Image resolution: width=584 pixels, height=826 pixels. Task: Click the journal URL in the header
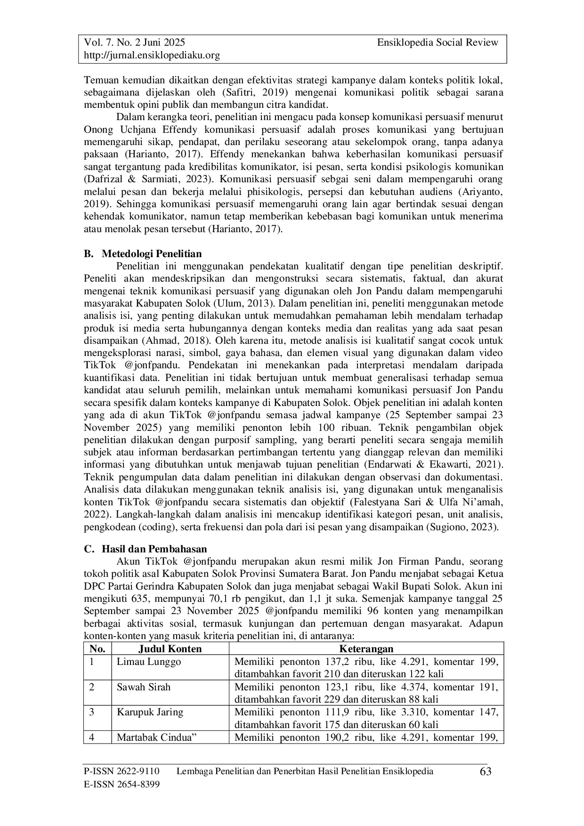click(x=152, y=56)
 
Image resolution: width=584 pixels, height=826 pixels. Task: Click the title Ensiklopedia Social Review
click(x=438, y=43)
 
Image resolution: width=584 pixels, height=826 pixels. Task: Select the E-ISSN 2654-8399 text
click(x=122, y=784)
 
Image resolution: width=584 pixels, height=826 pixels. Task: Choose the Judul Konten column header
click(x=170, y=649)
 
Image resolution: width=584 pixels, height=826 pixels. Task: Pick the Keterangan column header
click(x=366, y=649)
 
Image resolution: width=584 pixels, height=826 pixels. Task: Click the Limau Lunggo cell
click(x=149, y=662)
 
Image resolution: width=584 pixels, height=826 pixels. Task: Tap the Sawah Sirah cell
click(x=144, y=687)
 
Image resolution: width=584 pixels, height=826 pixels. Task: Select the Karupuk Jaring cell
click(x=150, y=712)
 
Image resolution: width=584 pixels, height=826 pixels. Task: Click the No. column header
click(x=97, y=649)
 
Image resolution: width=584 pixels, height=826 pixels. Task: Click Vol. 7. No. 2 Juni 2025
click(x=134, y=43)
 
